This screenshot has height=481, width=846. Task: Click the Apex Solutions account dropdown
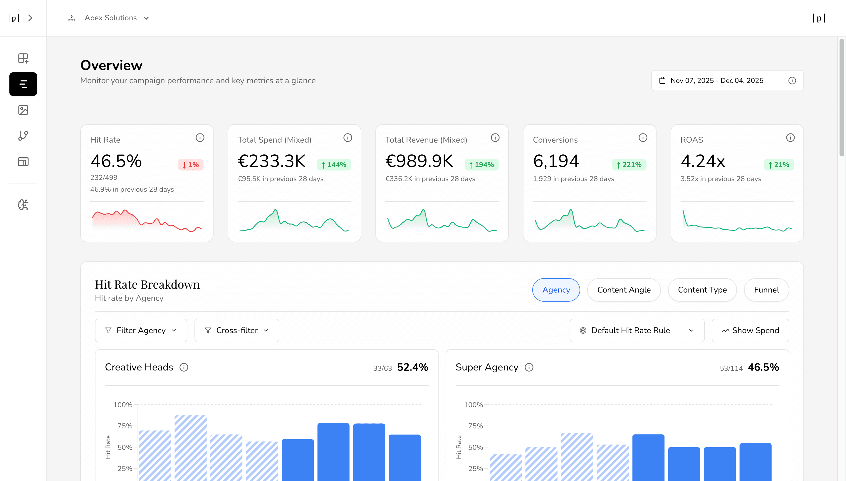(110, 18)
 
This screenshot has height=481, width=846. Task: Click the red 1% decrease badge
(191, 165)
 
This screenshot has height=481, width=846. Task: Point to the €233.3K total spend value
(271, 161)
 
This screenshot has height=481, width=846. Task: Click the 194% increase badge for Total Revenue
(481, 165)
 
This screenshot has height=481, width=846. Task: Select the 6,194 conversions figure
(556, 161)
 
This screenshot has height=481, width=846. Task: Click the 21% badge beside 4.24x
(779, 165)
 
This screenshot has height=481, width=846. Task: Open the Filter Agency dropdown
(141, 330)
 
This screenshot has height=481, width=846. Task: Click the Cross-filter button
(236, 330)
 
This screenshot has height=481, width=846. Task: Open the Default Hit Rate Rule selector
(637, 330)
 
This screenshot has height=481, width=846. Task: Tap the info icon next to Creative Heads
(184, 367)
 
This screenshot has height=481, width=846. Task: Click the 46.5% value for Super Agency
(763, 367)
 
